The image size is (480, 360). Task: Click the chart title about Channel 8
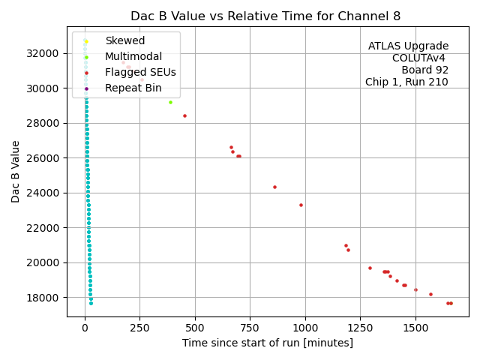pyautogui.click(x=265, y=16)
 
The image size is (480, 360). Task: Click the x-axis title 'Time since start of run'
pyautogui.click(x=267, y=343)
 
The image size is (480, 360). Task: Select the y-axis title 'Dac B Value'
pyautogui.click(x=16, y=170)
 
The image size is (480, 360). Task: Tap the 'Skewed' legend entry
pyautogui.click(x=124, y=40)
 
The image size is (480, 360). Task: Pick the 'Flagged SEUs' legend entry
pyautogui.click(x=140, y=72)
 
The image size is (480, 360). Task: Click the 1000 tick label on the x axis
pyautogui.click(x=305, y=328)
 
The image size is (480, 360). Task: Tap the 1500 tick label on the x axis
pyautogui.click(x=415, y=328)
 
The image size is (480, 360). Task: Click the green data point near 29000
pyautogui.click(x=170, y=102)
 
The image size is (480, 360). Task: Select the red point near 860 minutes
pyautogui.click(x=274, y=187)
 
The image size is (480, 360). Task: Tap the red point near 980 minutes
pyautogui.click(x=301, y=205)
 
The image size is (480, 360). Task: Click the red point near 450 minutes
pyautogui.click(x=184, y=115)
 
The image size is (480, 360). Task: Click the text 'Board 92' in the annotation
pyautogui.click(x=424, y=70)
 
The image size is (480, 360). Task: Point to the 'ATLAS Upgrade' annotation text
pyautogui.click(x=408, y=46)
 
